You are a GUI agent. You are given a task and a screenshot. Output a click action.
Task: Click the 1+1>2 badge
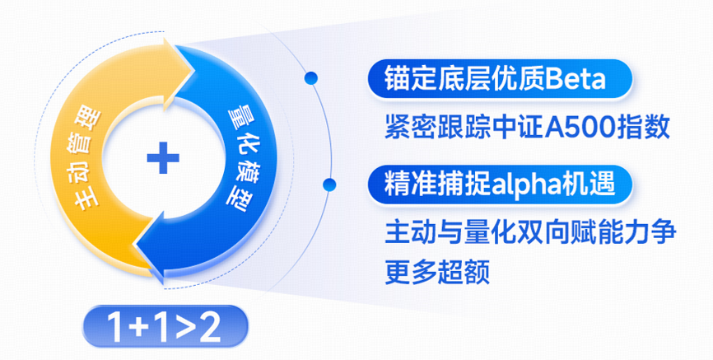click(165, 326)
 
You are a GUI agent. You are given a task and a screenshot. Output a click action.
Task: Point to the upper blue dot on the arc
click(311, 79)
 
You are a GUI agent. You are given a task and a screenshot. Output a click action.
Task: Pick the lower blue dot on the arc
click(329, 185)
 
